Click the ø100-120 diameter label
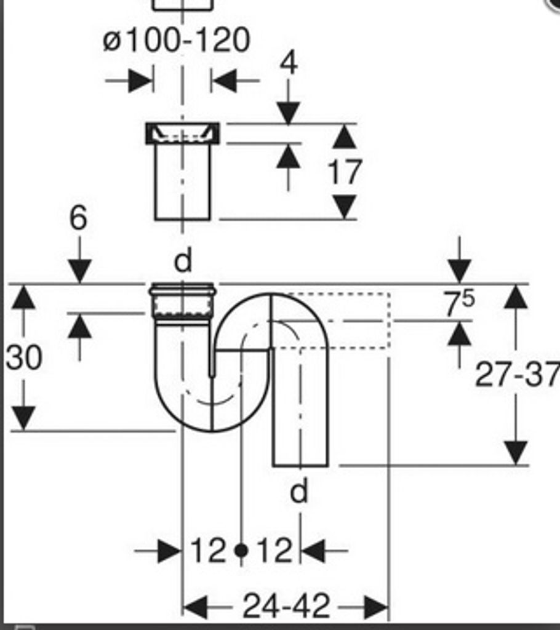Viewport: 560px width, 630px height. [176, 40]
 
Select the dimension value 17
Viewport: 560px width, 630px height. [345, 172]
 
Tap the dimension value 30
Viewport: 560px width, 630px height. [24, 357]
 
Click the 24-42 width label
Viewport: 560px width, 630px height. [287, 605]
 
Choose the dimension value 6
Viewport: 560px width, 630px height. [78, 218]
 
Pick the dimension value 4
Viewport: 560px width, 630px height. [289, 63]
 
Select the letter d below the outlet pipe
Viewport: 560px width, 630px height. [299, 490]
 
